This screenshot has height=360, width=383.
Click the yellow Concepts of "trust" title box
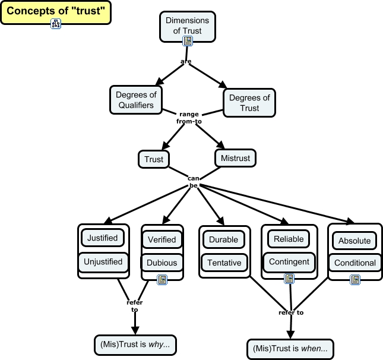[x=55, y=11]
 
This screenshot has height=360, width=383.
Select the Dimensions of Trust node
[x=188, y=26]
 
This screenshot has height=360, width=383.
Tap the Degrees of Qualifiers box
[x=135, y=100]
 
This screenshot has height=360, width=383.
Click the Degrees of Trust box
[x=249, y=103]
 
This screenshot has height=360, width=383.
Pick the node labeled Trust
[x=154, y=159]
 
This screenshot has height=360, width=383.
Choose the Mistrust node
[x=235, y=159]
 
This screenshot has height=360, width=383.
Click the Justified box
[x=103, y=238]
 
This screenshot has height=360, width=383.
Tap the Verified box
[x=162, y=239]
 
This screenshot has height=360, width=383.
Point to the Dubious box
[x=162, y=262]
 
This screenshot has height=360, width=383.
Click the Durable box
[x=224, y=240]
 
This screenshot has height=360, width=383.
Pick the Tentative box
[x=224, y=263]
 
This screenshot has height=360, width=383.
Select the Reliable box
[x=289, y=239]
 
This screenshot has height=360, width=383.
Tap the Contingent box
[x=289, y=261]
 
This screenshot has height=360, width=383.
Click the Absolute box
[x=354, y=241]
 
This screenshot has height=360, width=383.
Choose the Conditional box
[x=354, y=263]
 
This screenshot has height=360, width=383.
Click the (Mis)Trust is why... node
[x=135, y=345]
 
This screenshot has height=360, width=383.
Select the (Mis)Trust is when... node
[x=289, y=348]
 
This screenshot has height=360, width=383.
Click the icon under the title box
[x=56, y=24]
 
